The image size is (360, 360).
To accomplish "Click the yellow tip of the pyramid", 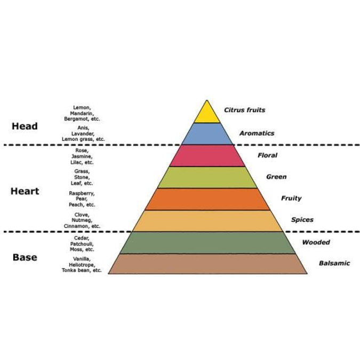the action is click(207, 114).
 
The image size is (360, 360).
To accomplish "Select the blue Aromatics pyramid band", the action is click(207, 134).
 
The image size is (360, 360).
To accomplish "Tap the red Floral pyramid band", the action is click(207, 156).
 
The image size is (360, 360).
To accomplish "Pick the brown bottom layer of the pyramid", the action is click(207, 264).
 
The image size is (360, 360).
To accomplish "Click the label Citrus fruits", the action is click(244, 110).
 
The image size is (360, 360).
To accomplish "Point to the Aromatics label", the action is click(257, 133).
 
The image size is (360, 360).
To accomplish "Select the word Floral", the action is click(268, 155).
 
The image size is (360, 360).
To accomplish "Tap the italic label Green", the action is click(276, 177).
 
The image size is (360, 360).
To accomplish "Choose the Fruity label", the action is click(291, 198).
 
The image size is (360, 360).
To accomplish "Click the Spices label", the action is click(302, 220).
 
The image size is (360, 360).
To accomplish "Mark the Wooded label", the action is click(316, 242).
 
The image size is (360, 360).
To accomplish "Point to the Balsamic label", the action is click(334, 263).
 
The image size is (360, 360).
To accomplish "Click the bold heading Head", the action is click(25, 126).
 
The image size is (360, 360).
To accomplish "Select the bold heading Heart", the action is click(25, 191).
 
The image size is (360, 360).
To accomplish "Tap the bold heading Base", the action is click(25, 258).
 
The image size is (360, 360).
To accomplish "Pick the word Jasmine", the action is click(82, 157).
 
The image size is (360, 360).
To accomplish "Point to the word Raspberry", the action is click(82, 193).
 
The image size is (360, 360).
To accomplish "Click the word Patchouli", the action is click(82, 244).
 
